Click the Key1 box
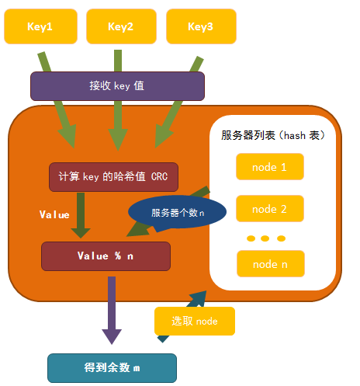pyautogui.click(x=40, y=26)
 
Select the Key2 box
pyautogui.click(x=121, y=26)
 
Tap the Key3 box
pyautogui.click(x=201, y=26)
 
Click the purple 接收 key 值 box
pyautogui.click(x=117, y=86)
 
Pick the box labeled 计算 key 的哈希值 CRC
pyautogui.click(x=113, y=177)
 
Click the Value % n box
pyautogui.click(x=106, y=256)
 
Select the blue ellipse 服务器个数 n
pyautogui.click(x=177, y=212)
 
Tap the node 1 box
pyautogui.click(x=270, y=167)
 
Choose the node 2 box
pyautogui.click(x=270, y=209)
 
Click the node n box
pyautogui.click(x=271, y=264)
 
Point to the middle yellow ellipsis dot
pyautogui.click(x=265, y=238)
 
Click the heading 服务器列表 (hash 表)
pyautogui.click(x=273, y=135)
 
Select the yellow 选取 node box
pyautogui.click(x=195, y=321)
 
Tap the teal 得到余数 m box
pyautogui.click(x=112, y=368)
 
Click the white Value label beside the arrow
pyautogui.click(x=54, y=214)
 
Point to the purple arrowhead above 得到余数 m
pyautogui.click(x=112, y=336)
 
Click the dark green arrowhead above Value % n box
pyautogui.click(x=81, y=233)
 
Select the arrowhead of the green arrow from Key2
pyautogui.click(x=118, y=140)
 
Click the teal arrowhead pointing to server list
pyautogui.click(x=199, y=297)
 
